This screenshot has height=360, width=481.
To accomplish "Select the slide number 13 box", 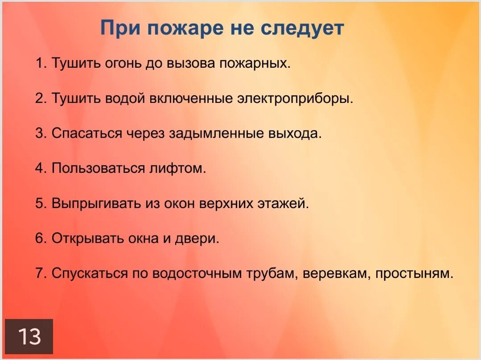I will pos(29,336).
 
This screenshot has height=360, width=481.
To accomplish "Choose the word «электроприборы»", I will pos(294,98).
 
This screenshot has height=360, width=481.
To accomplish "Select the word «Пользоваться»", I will pos(95,168).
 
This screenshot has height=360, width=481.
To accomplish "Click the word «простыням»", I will pos(414,273).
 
